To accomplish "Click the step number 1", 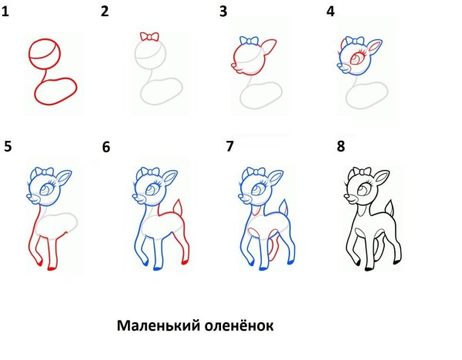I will click(6, 13).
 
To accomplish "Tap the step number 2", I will click(105, 12).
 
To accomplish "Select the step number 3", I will click(223, 12).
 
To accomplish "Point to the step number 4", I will click(331, 12).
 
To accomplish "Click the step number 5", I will click(8, 146).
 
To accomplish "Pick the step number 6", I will click(106, 147).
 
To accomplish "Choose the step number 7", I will click(229, 146).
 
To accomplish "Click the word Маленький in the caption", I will click(156, 326).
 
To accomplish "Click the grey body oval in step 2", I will click(159, 92).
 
